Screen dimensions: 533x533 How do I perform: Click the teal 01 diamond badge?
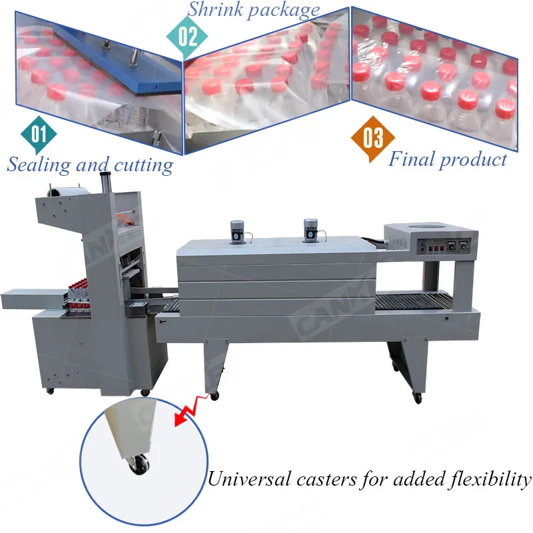pyautogui.click(x=39, y=134)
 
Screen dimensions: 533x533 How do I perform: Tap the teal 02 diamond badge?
pyautogui.click(x=187, y=35)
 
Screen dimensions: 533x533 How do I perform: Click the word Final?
pyautogui.click(x=410, y=159)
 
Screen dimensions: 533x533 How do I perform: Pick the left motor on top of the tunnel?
pyautogui.click(x=237, y=233)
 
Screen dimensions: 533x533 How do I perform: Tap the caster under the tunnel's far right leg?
pyautogui.click(x=418, y=398)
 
